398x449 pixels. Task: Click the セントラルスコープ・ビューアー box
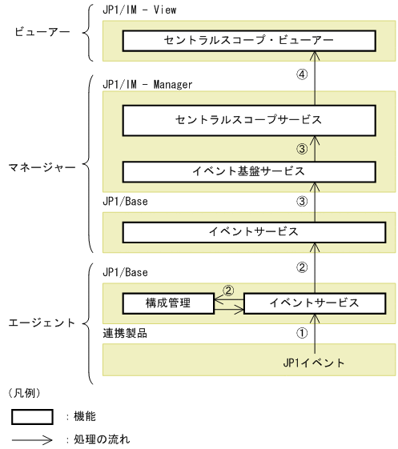point(248,40)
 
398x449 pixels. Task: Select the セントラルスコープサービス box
point(248,121)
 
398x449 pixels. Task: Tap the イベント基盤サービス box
point(248,171)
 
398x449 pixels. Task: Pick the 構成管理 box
point(167,303)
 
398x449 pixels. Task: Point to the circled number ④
point(302,74)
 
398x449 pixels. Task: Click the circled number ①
point(302,330)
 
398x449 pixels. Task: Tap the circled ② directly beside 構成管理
point(228,291)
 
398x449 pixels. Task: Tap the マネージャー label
point(38,168)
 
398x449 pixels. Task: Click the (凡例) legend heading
point(29,393)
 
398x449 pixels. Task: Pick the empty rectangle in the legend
point(32,416)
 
